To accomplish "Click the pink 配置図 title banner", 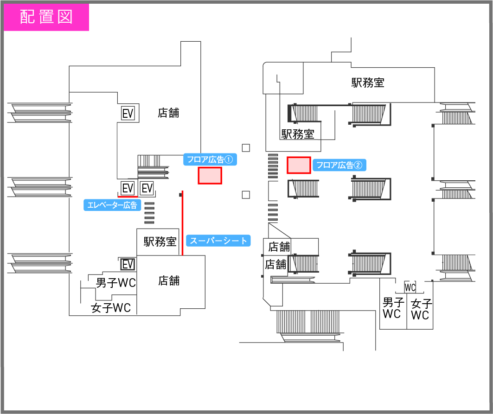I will (46, 17).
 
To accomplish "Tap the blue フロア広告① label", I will (210, 160).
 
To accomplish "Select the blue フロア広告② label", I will (339, 165).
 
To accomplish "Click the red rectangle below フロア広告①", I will (210, 176).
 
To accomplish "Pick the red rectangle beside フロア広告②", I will (299, 166).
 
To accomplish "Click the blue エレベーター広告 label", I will (112, 205).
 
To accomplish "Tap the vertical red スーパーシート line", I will (183, 223).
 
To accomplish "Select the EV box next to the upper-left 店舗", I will (128, 113).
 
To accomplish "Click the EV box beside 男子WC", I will (128, 264).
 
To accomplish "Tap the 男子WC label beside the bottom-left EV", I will (116, 282).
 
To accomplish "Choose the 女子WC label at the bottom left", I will (111, 307).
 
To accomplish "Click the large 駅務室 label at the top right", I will (367, 83).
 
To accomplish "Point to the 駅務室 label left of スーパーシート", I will (160, 242).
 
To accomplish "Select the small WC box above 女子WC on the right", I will (410, 287).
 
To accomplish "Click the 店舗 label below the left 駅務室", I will (169, 280).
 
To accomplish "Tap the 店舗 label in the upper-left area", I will (168, 113).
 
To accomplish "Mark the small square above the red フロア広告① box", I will (246, 148).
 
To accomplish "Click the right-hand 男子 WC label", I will (392, 308).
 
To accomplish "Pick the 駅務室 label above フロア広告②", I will (298, 134).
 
